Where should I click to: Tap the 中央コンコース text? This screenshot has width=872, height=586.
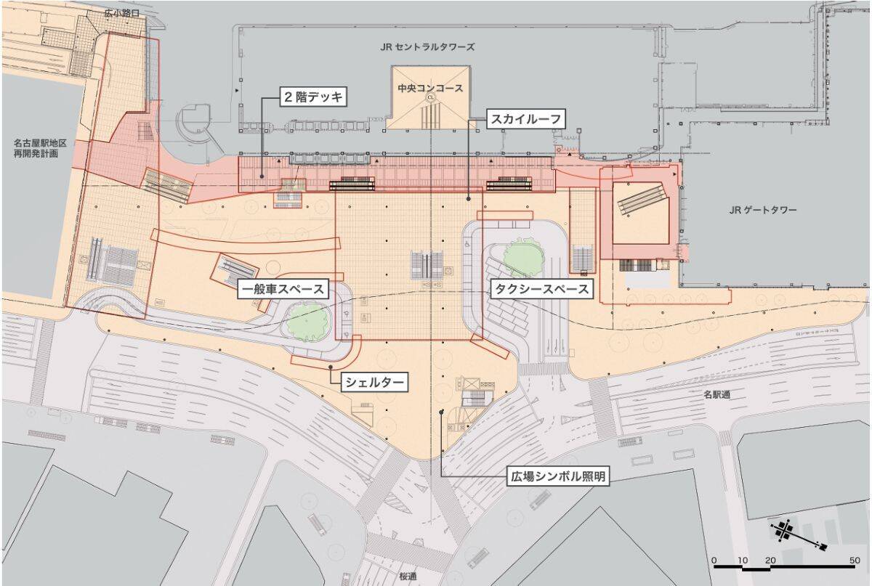click(430, 88)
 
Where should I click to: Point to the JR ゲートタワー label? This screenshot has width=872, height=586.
click(764, 211)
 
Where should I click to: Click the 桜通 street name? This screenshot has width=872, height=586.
click(408, 576)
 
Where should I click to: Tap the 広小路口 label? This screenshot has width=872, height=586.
click(120, 13)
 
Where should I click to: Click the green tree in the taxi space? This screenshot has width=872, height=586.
click(521, 256)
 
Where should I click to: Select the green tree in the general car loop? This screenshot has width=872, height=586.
click(308, 320)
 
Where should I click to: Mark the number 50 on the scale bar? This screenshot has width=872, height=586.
click(855, 561)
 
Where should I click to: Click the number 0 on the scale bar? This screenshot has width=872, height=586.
click(714, 561)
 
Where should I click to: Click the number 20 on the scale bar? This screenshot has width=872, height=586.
click(770, 561)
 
